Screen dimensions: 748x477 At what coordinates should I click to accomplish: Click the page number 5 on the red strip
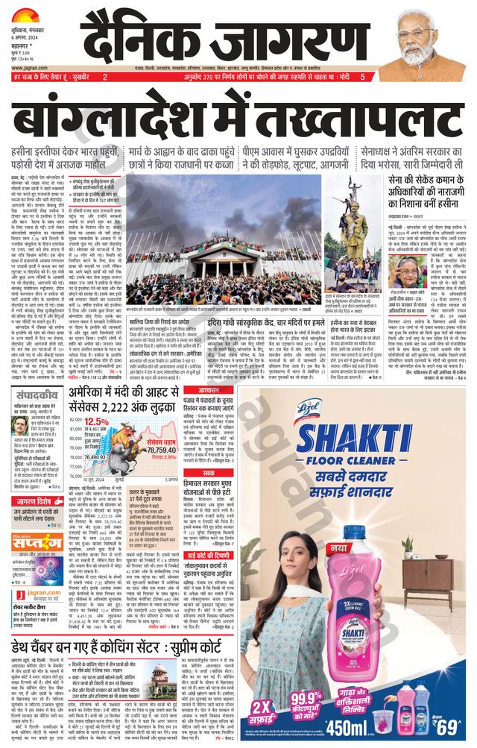[x=362, y=77]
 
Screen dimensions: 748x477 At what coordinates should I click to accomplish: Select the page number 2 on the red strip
[x=105, y=77]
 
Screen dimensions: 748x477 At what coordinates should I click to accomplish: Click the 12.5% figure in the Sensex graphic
[x=96, y=422]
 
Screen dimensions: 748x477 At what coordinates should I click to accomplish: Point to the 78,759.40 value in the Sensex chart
[x=161, y=450]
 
